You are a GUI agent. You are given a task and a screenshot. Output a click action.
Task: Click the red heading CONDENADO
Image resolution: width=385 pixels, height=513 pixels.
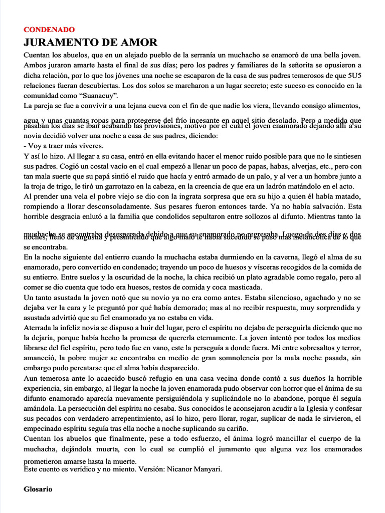[49, 30]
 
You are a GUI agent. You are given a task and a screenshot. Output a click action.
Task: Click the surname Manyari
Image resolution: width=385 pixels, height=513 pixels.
[204, 469]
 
